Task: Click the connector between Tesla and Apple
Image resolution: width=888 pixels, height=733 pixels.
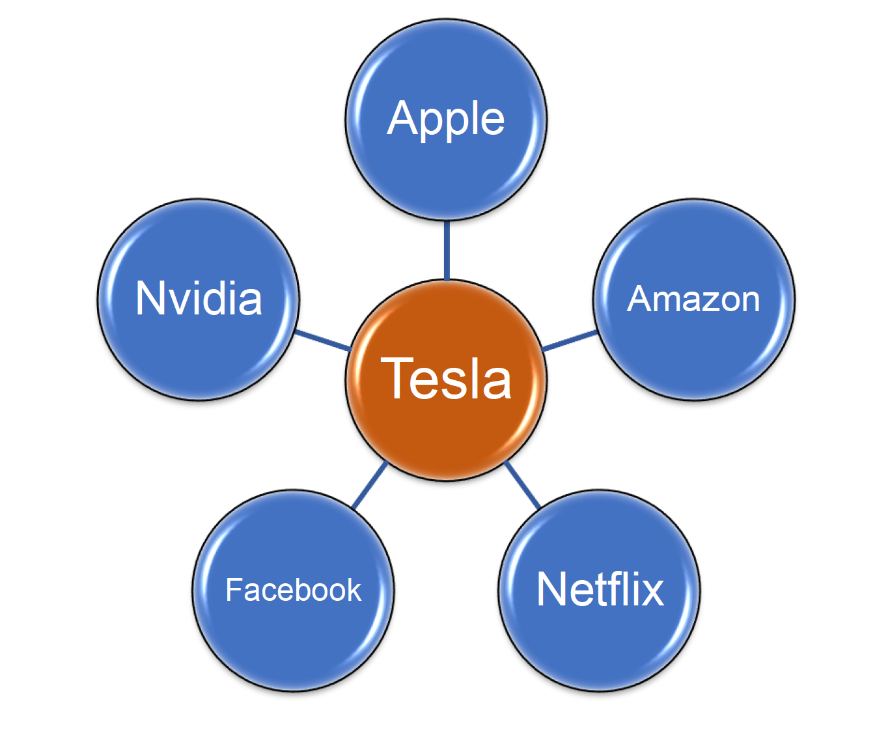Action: pos(447,251)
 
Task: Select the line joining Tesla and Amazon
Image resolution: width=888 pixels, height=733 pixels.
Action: pos(569,340)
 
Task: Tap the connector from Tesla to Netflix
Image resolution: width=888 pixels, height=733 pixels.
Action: pos(522,484)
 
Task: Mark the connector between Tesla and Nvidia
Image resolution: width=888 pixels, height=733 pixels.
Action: pos(323,340)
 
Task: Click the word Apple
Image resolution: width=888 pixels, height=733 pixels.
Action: pos(446,119)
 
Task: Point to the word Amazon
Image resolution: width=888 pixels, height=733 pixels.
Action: pos(694,299)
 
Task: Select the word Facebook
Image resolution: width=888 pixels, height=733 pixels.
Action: pos(293,590)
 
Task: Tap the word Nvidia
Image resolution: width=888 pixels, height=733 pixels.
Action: pos(199,299)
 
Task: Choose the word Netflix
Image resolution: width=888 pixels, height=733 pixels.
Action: pos(600,589)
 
